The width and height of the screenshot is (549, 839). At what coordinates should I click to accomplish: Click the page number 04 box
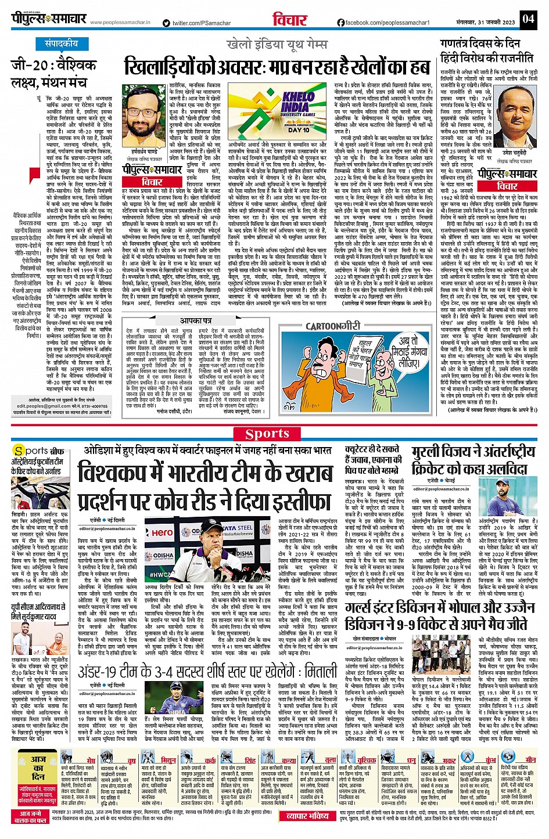528,19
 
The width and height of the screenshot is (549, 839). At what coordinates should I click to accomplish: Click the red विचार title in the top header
290,19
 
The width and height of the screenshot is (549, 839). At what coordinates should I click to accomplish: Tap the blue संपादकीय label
62,44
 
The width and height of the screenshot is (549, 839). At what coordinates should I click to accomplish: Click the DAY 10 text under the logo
299,131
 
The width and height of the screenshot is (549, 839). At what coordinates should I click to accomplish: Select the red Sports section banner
268,434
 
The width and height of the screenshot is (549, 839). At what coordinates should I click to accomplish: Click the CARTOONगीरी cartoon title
330,326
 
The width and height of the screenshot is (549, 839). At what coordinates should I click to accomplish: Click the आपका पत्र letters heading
195,321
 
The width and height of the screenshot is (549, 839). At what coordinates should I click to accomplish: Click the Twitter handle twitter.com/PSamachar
196,23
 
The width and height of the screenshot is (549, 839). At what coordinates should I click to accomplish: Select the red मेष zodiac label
91,759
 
